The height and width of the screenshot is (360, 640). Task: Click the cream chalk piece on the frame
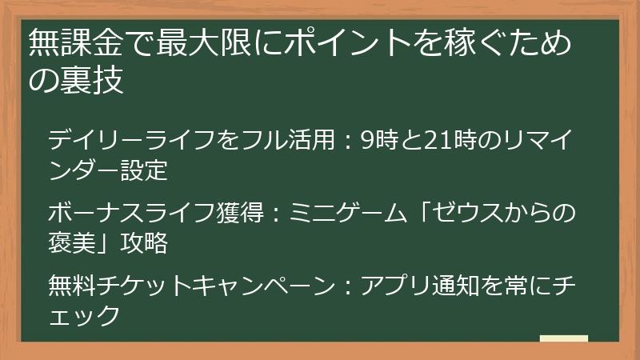click(x=563, y=339)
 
